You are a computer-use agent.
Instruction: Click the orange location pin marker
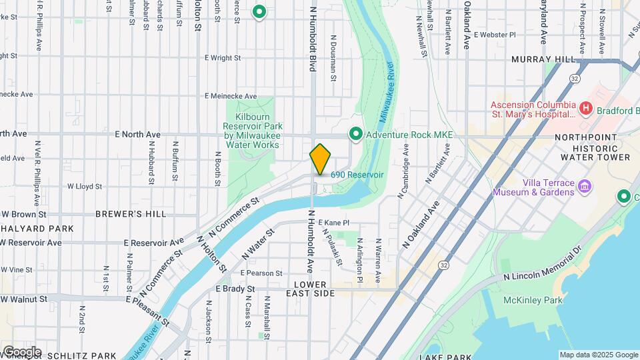320,159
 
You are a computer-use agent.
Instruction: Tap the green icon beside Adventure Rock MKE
356,135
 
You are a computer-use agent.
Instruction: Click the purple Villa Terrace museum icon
585,186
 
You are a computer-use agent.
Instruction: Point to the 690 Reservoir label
357,174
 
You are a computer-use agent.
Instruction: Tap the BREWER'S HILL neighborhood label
131,214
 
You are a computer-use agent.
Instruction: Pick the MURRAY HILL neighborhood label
543,59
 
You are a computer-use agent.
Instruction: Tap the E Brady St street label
235,289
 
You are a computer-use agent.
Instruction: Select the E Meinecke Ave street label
231,96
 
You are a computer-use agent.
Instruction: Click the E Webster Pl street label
493,34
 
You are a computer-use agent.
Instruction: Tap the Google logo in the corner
21,351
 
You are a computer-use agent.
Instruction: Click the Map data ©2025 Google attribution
598,355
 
